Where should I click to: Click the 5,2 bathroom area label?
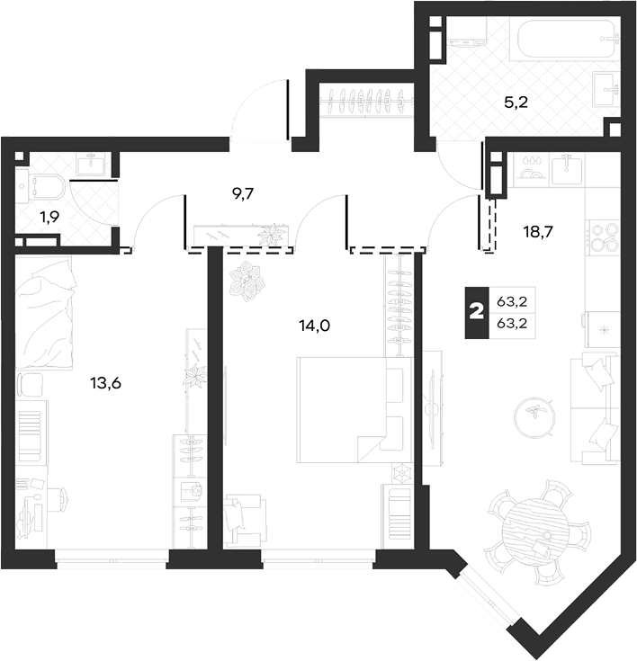click(516, 103)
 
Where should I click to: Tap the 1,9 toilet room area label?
click(49, 217)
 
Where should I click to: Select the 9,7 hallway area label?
click(243, 194)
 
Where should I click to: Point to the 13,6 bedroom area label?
click(105, 383)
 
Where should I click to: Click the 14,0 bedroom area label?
click(315, 326)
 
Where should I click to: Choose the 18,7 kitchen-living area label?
click(538, 231)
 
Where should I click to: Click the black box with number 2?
click(477, 313)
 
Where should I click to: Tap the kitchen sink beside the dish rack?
click(568, 170)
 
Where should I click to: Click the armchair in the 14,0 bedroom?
click(245, 521)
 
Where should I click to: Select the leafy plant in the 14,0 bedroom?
click(247, 281)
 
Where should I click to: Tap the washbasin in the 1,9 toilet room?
click(94, 164)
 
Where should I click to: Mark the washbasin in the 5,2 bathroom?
click(606, 89)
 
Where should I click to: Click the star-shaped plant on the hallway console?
click(271, 235)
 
